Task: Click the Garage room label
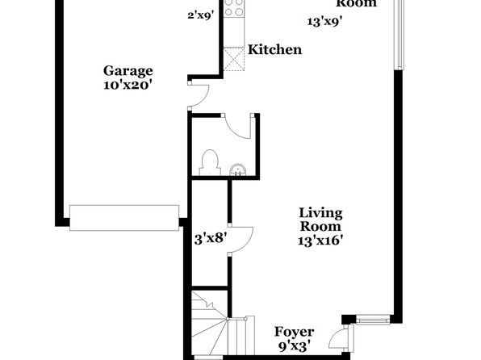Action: point(128,71)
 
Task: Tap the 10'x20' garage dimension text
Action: point(128,85)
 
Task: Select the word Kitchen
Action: point(275,49)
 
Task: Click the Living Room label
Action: point(320,220)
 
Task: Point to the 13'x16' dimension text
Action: point(320,240)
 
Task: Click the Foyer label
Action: point(294,332)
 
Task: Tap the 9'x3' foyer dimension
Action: point(293,346)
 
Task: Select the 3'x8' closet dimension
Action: point(211,238)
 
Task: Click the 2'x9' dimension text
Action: point(201,15)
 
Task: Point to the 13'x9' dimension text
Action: point(325,22)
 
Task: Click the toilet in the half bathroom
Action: point(210,163)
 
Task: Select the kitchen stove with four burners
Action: point(234,8)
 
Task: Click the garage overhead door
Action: point(124,218)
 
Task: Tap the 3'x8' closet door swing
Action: point(241,239)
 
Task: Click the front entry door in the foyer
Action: point(341,338)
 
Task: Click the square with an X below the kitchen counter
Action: point(234,59)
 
